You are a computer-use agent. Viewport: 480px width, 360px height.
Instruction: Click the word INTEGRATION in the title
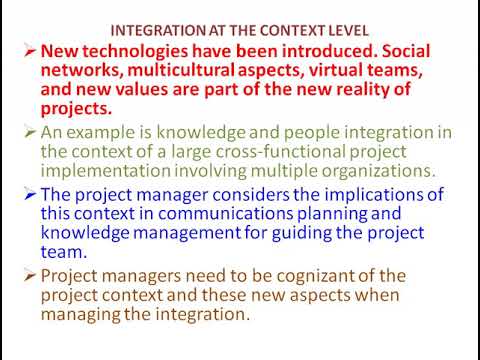click(158, 31)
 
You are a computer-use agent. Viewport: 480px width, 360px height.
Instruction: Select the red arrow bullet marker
click(30, 51)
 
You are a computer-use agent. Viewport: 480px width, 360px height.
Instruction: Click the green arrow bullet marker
click(30, 133)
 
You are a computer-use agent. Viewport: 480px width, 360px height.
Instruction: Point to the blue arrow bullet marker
click(30, 195)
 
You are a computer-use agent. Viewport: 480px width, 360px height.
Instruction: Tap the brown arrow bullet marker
click(30, 276)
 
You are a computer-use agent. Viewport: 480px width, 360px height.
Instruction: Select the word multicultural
click(181, 70)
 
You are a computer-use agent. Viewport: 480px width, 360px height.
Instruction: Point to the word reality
click(362, 90)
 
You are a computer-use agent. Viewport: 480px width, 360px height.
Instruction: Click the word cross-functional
click(280, 152)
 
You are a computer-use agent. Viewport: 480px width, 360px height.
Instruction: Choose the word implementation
click(106, 171)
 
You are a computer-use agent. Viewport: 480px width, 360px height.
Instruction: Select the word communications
click(225, 214)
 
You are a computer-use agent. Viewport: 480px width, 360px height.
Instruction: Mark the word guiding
click(302, 233)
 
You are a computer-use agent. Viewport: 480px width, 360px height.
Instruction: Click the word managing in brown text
click(80, 315)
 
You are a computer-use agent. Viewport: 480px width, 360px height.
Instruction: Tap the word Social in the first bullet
click(406, 51)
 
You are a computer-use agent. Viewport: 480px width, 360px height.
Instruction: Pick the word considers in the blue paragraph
click(251, 195)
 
